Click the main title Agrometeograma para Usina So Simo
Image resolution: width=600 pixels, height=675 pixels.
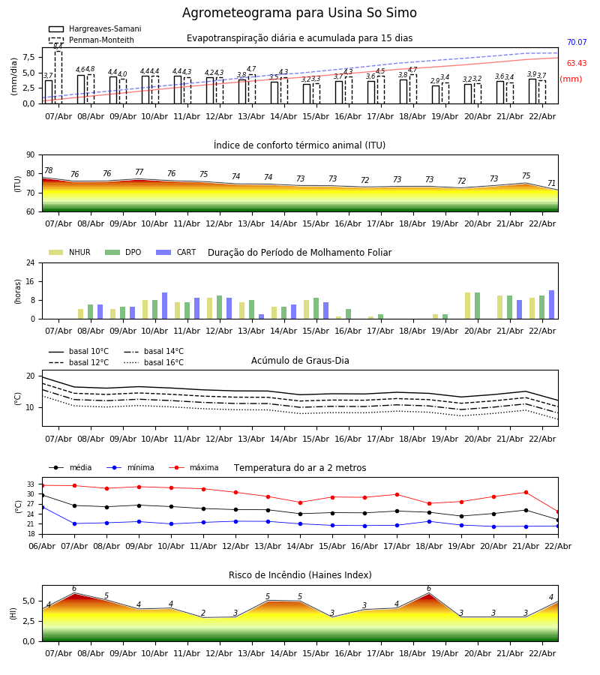pos(299,13)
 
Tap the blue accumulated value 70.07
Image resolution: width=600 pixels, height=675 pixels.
pos(576,43)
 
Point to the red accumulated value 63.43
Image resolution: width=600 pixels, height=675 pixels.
pos(576,64)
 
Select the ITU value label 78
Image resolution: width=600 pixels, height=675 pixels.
pos(49,171)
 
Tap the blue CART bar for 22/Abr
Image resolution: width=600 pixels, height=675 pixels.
pos(551,304)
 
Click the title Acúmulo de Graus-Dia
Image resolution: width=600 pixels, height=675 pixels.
pos(300,361)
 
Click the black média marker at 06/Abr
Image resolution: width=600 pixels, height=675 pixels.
pos(42,495)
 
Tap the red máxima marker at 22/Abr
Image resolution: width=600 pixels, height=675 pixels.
pos(557,511)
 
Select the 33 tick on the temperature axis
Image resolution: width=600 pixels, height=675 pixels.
pos(31,484)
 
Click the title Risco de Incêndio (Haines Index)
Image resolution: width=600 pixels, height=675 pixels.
pos(300,575)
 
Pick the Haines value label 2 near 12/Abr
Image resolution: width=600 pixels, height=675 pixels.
pos(203,613)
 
